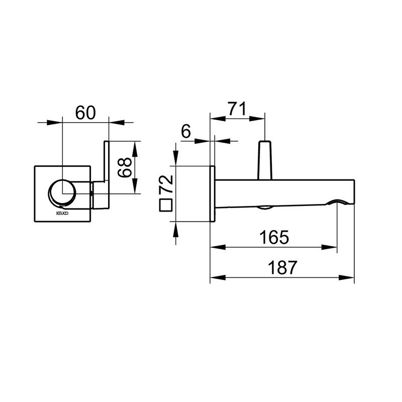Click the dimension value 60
tap(85, 113)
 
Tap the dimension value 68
tap(125, 167)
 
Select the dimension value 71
tap(237, 109)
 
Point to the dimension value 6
tap(186, 132)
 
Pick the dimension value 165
tap(274, 237)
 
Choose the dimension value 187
tap(282, 267)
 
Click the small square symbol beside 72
tap(165, 205)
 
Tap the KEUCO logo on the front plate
tap(62, 213)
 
